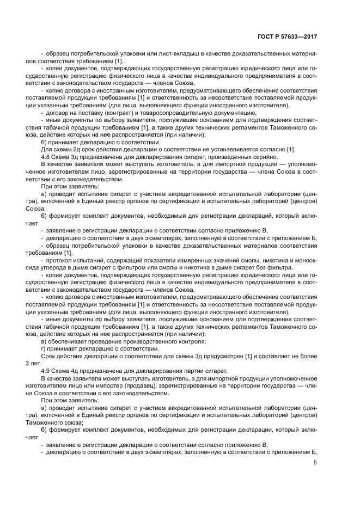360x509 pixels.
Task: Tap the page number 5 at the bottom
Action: [315, 463]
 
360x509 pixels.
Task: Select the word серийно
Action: [246, 156]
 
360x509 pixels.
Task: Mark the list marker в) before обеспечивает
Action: [44, 341]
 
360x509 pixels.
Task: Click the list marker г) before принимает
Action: [44, 348]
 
